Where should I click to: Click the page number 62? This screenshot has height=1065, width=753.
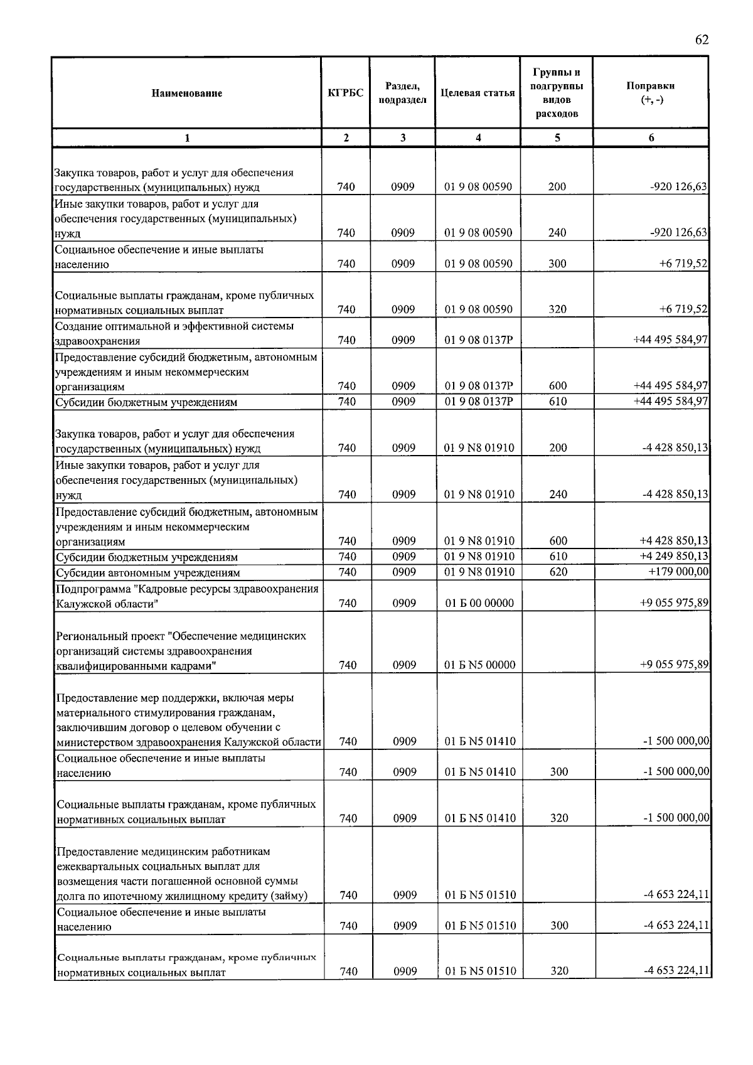(702, 40)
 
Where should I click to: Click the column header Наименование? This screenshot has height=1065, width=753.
(186, 94)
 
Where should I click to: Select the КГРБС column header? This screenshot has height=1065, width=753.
(345, 93)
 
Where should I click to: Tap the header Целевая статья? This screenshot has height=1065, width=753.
(478, 93)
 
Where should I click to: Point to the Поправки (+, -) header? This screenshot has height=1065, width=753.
(651, 93)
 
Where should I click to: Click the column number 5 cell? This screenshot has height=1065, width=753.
(557, 138)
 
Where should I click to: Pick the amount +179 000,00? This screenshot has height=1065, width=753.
(678, 572)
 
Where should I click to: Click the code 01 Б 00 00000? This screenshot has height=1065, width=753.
(479, 603)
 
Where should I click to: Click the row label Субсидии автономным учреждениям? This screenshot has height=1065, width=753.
(148, 572)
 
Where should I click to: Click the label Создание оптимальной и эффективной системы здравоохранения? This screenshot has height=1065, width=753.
(174, 333)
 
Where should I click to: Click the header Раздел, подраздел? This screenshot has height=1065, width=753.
(402, 93)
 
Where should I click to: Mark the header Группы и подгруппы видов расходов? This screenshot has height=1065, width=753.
(557, 93)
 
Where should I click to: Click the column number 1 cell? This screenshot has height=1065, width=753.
(186, 138)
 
